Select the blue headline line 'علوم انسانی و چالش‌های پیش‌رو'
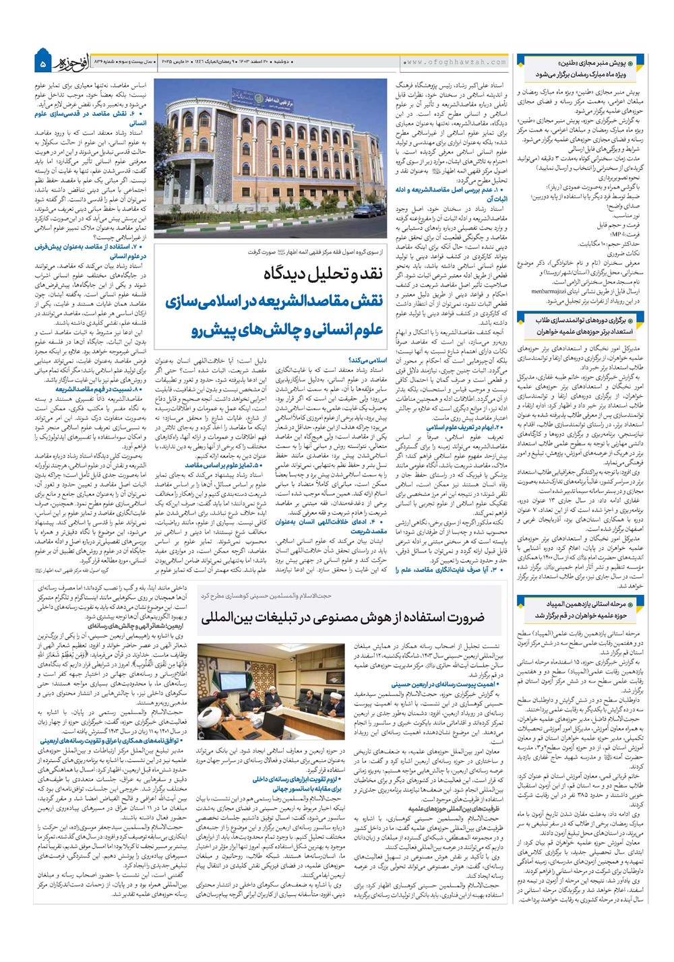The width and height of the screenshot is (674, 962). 287,330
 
